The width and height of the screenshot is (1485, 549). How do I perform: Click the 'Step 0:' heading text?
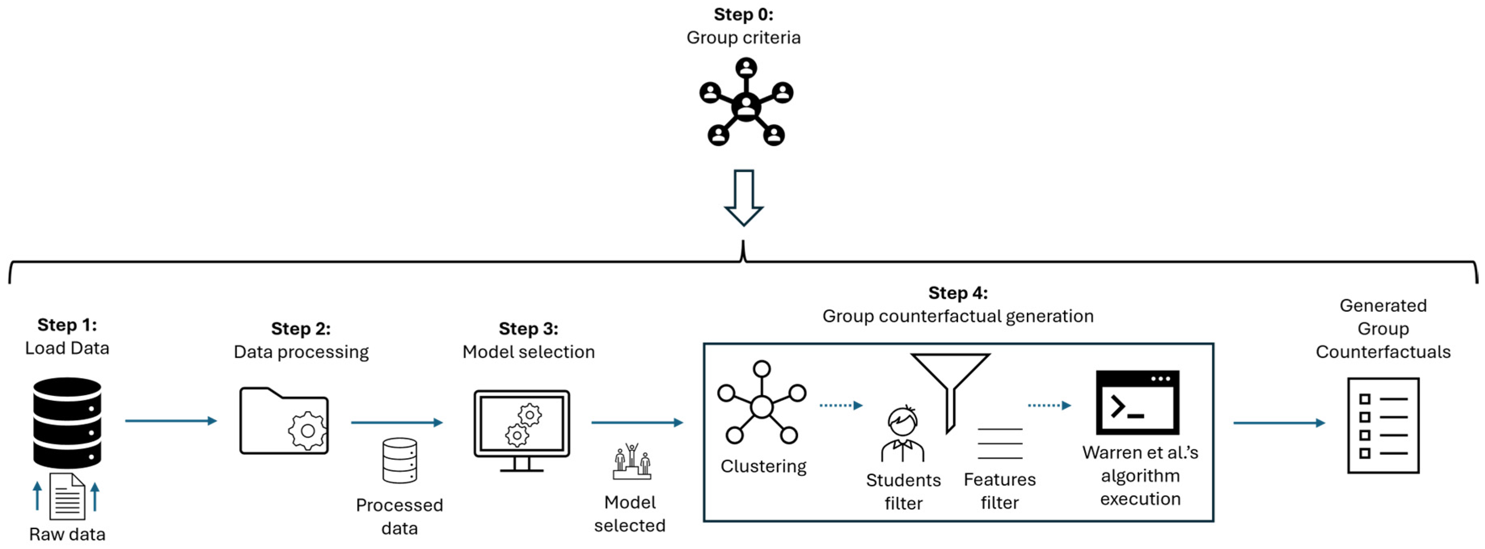(x=743, y=15)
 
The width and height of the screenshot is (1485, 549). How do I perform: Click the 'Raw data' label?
(x=67, y=534)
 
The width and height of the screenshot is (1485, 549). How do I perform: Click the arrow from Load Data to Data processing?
(x=171, y=421)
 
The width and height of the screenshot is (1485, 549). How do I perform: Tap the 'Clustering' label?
(x=763, y=466)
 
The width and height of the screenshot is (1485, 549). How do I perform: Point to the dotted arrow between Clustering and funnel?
(x=840, y=406)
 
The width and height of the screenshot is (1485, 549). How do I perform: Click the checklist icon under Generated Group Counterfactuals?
(x=1383, y=426)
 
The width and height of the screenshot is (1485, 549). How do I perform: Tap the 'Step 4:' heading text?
(x=958, y=293)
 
